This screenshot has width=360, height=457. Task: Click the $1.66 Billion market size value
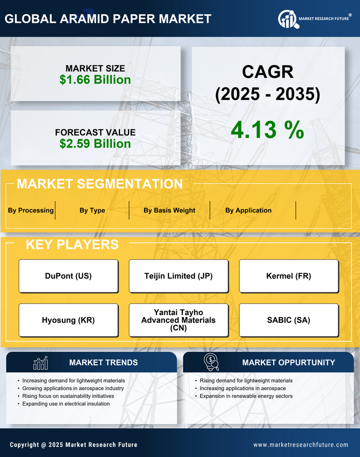[x=95, y=80]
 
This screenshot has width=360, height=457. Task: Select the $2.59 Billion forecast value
[x=95, y=144]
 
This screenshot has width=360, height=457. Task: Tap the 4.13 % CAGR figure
[x=267, y=130]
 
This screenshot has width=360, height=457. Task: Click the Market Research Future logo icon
[x=287, y=19]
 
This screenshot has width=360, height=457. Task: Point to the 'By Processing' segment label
[x=31, y=210]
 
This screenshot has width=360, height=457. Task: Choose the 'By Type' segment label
[x=92, y=210]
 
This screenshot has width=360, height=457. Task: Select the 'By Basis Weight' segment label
[x=169, y=210]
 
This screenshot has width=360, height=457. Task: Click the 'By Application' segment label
[x=248, y=210]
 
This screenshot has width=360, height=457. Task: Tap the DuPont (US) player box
[x=68, y=276]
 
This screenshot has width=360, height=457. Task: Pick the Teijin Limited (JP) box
[x=178, y=276]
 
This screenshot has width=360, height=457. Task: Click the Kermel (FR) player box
[x=289, y=276]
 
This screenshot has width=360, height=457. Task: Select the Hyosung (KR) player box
[x=68, y=320]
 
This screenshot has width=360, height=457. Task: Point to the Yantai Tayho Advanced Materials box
[x=178, y=320]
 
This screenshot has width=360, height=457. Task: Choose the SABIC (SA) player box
[x=289, y=320]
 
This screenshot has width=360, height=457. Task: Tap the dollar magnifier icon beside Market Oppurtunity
[x=211, y=362]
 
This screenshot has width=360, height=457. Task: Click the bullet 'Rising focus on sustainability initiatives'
[x=68, y=396]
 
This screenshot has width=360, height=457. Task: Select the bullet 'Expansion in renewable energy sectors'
[x=246, y=396]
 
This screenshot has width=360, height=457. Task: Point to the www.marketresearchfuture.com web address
[x=301, y=445]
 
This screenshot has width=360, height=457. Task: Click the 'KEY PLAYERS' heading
[x=72, y=244]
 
